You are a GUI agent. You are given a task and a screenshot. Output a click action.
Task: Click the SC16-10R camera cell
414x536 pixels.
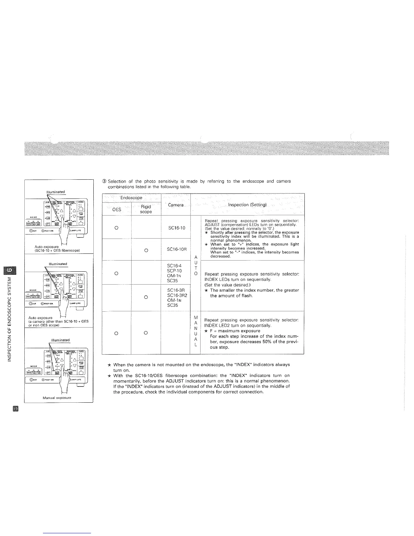click(x=176, y=250)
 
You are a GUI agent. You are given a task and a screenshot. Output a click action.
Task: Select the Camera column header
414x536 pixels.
click(x=176, y=205)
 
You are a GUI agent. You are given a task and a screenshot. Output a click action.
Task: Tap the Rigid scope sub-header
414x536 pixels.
click(x=146, y=209)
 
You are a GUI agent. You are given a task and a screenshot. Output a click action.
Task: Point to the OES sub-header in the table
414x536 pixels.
click(x=117, y=209)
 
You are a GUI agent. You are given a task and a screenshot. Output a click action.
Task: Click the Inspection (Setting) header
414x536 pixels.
click(x=248, y=205)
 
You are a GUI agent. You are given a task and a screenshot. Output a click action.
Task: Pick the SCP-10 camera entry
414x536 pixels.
click(x=175, y=271)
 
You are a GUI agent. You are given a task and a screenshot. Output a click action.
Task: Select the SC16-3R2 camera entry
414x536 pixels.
click(x=175, y=295)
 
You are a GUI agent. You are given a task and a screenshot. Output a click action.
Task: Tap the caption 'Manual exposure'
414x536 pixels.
click(x=57, y=398)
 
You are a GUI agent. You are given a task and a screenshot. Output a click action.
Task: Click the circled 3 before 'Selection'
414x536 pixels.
click(x=104, y=181)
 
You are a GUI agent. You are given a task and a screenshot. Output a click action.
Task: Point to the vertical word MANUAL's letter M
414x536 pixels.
click(x=195, y=317)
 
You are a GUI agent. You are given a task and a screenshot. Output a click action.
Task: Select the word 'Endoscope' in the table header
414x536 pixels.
click(x=131, y=198)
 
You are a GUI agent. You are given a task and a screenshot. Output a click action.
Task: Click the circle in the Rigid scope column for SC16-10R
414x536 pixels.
click(x=146, y=250)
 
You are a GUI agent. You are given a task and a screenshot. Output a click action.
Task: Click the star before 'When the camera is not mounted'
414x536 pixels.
click(x=109, y=365)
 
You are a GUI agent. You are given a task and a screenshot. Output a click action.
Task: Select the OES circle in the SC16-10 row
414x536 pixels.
click(x=116, y=227)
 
